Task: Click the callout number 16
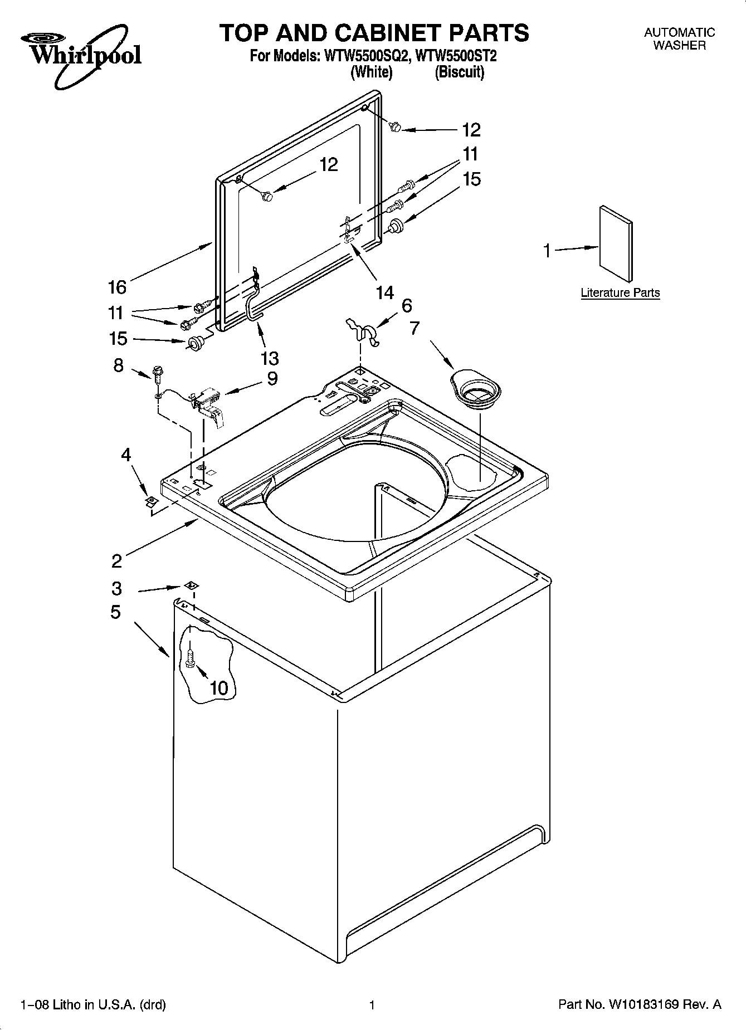pyautogui.click(x=117, y=287)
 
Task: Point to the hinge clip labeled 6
pyautogui.click(x=362, y=332)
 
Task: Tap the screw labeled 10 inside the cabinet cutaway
pyautogui.click(x=191, y=658)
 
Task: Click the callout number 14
pyautogui.click(x=384, y=292)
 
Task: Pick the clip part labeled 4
pyautogui.click(x=149, y=502)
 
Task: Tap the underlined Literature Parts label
pyautogui.click(x=620, y=293)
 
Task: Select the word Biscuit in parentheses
pyautogui.click(x=459, y=72)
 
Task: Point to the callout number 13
pyautogui.click(x=270, y=358)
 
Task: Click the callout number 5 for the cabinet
pyautogui.click(x=115, y=612)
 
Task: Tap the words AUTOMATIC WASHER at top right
pyautogui.click(x=679, y=39)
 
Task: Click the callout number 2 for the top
pyautogui.click(x=116, y=560)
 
